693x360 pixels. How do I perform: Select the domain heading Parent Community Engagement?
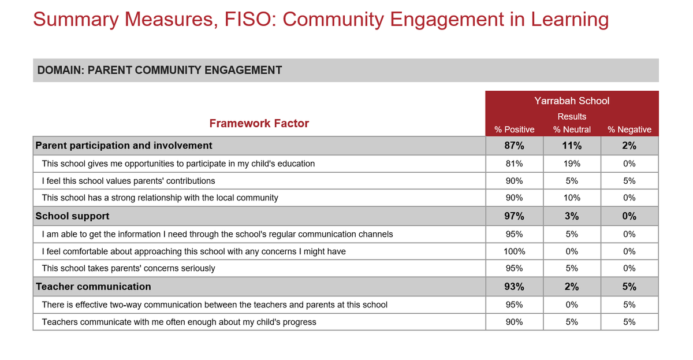pyautogui.click(x=159, y=70)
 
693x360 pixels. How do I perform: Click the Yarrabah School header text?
pyautogui.click(x=572, y=101)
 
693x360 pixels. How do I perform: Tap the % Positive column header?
pyautogui.click(x=514, y=129)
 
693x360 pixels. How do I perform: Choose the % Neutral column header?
pyautogui.click(x=572, y=129)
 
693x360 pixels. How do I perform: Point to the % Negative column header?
pyautogui.click(x=629, y=129)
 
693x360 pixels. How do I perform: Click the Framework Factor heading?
pyautogui.click(x=259, y=123)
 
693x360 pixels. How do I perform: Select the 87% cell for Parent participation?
pyautogui.click(x=514, y=146)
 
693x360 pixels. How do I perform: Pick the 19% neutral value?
pyautogui.click(x=572, y=164)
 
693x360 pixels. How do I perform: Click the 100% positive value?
pyautogui.click(x=514, y=251)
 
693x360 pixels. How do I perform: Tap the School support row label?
pyautogui.click(x=72, y=216)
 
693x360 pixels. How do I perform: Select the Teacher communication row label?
pyautogui.click(x=94, y=287)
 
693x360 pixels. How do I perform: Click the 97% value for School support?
pyautogui.click(x=514, y=216)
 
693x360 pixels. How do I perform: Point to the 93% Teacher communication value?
pyautogui.click(x=514, y=287)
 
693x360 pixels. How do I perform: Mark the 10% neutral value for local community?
pyautogui.click(x=572, y=198)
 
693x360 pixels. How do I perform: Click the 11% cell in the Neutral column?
pyautogui.click(x=572, y=146)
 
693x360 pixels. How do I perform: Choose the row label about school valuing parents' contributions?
pyautogui.click(x=128, y=181)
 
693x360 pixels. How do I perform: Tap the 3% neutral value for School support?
pyautogui.click(x=572, y=216)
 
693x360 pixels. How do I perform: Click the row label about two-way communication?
pyautogui.click(x=215, y=305)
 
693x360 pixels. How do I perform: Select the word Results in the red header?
pyautogui.click(x=572, y=116)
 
